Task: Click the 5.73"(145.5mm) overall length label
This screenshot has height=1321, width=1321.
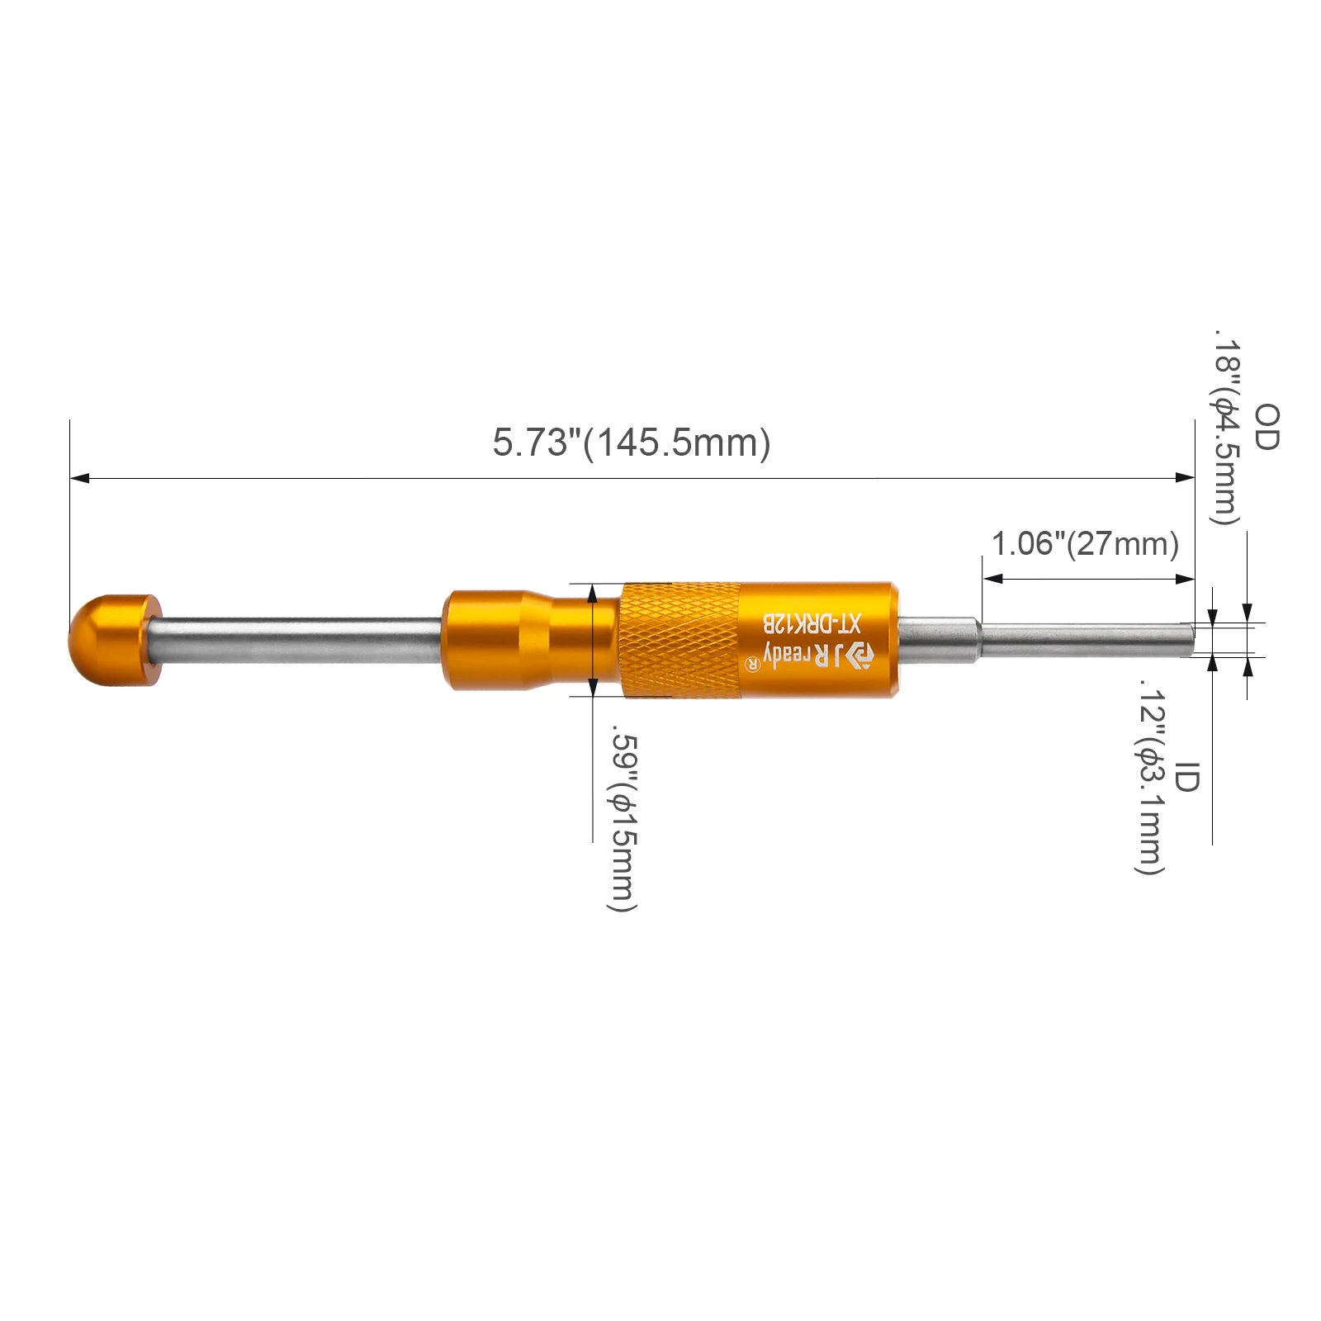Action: click(x=632, y=443)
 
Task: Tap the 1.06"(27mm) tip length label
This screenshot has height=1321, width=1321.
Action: click(x=1085, y=544)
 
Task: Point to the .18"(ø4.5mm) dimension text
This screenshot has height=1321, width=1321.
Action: click(x=1225, y=426)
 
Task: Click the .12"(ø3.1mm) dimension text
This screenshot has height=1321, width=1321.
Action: click(x=1149, y=777)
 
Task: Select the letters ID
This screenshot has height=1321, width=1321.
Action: click(x=1186, y=777)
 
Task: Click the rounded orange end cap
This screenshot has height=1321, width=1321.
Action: click(x=115, y=640)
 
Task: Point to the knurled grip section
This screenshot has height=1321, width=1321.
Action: click(x=680, y=640)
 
